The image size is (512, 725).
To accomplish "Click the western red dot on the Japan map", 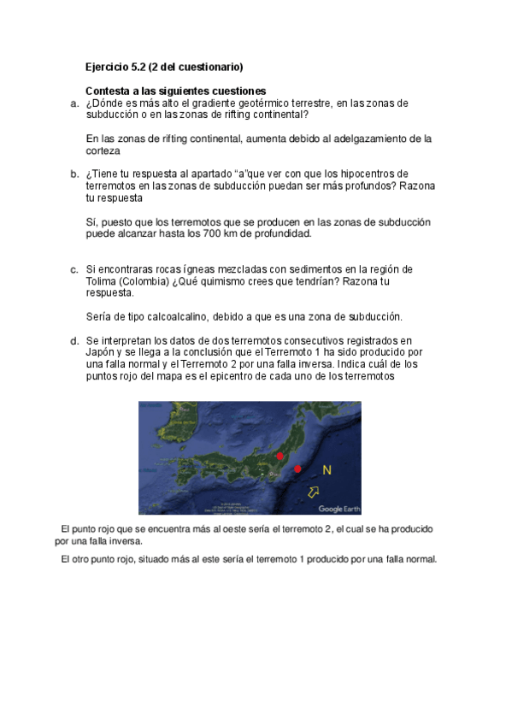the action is (x=280, y=457).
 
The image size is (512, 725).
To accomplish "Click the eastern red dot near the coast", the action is (x=297, y=469).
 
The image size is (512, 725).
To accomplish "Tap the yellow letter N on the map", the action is (x=327, y=470).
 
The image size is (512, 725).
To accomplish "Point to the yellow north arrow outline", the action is (x=315, y=491).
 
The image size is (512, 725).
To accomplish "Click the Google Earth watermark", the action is (x=339, y=509).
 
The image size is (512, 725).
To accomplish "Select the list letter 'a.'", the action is (x=74, y=103).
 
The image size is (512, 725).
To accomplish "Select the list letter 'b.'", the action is (x=74, y=174).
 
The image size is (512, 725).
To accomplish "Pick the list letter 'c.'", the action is (x=74, y=269).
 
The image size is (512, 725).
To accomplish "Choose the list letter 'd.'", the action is (x=74, y=340).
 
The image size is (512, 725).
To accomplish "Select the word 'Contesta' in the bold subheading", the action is (x=109, y=91).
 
